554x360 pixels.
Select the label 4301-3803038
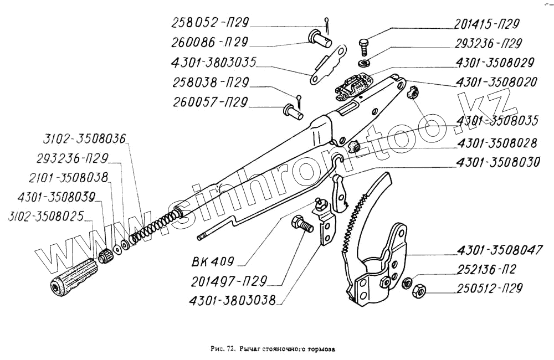[232, 302]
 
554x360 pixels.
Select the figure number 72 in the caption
[230, 349]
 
